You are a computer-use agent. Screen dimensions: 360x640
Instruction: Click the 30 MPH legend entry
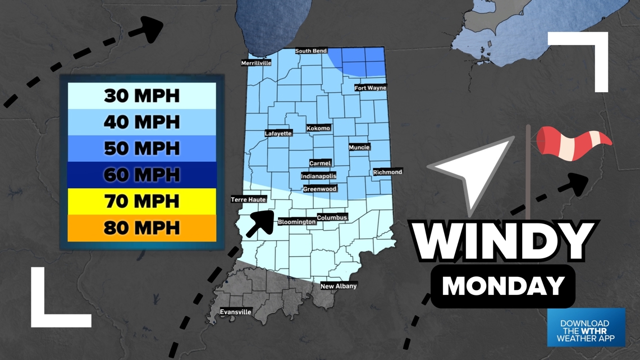[141, 95]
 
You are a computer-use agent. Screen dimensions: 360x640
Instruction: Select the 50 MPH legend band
[141, 148]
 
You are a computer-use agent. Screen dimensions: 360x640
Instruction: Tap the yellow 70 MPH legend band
[141, 201]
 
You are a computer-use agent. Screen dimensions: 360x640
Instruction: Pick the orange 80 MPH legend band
[141, 227]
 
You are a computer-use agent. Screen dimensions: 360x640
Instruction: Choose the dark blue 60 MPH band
[141, 175]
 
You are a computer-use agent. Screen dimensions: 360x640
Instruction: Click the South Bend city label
[311, 51]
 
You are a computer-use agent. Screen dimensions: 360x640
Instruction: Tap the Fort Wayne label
[371, 88]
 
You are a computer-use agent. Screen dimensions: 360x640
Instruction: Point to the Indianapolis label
[319, 176]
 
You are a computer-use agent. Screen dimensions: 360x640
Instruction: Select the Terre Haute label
[248, 199]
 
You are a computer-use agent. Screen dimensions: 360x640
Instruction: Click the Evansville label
[236, 312]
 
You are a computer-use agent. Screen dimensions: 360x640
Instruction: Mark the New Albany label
[338, 286]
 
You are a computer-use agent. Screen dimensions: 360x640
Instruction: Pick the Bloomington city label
[296, 222]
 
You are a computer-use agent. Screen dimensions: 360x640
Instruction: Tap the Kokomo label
[318, 128]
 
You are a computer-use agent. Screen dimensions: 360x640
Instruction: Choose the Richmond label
[387, 172]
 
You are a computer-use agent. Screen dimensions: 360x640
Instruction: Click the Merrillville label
[256, 63]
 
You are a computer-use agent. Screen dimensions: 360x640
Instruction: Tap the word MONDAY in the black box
[502, 286]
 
